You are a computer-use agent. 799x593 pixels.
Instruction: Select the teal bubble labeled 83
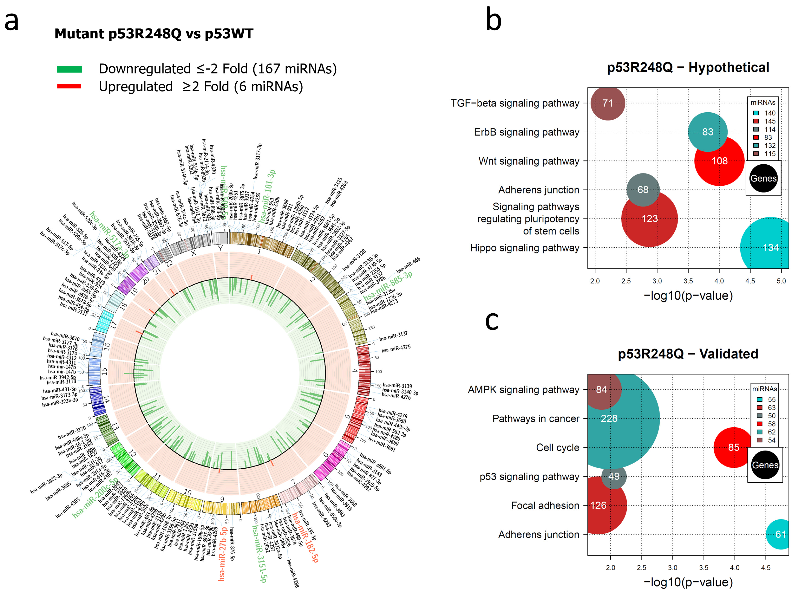click(707, 132)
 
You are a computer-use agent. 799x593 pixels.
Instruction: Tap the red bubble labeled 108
click(719, 161)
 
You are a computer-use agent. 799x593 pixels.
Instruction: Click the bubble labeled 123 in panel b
click(649, 219)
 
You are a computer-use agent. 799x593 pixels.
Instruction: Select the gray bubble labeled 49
click(614, 476)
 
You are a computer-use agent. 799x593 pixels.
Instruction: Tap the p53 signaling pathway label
click(529, 477)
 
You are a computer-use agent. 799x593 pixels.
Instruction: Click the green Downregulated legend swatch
click(69, 69)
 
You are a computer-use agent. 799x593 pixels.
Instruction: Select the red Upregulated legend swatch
click(69, 86)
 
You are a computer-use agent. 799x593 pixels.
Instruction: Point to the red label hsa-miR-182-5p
click(305, 537)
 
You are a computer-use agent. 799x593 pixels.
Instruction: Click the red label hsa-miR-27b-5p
click(223, 553)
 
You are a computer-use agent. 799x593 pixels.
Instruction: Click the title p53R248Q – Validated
click(688, 354)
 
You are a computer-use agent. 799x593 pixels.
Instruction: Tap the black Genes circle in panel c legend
click(765, 465)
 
